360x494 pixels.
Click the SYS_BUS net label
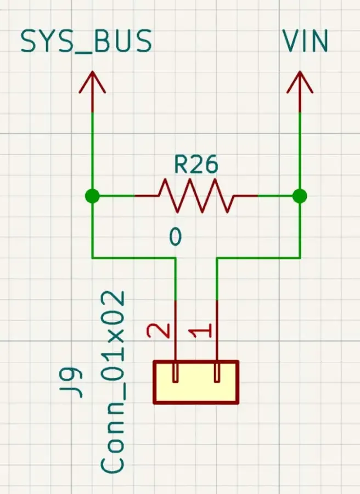coord(86,42)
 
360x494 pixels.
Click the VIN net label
coord(305,41)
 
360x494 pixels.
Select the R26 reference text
coord(196,165)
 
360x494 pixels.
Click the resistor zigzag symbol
coord(196,195)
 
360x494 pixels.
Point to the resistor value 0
coord(175,237)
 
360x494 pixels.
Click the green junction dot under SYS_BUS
coord(92,196)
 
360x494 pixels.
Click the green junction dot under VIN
coord(300,196)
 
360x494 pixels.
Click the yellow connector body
coord(196,382)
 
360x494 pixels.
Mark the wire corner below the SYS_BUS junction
coord(92,257)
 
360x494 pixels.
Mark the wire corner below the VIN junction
coord(300,257)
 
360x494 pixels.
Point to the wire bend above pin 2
coord(175,257)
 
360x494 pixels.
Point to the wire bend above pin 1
coord(217,257)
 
